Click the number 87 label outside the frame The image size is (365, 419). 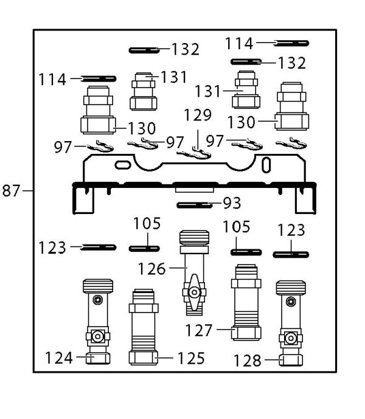[12, 191]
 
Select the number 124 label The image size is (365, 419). [60, 359]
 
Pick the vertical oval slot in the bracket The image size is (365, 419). [265, 165]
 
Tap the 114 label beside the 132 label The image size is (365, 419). [239, 43]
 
